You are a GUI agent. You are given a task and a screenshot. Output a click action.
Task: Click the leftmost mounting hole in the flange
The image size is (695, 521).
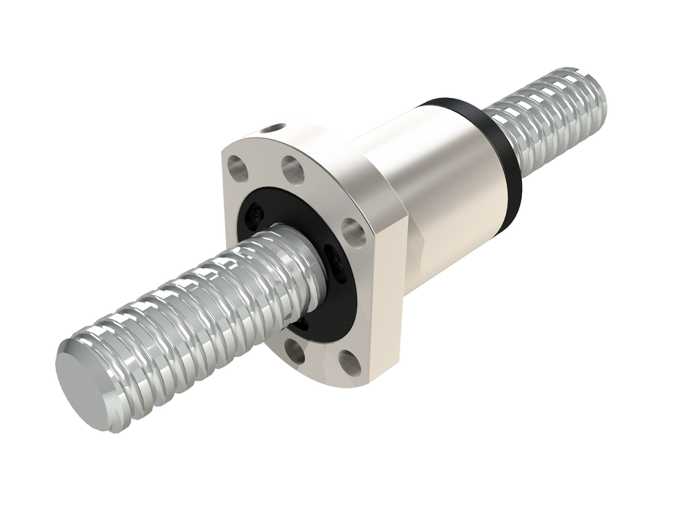pyautogui.click(x=238, y=167)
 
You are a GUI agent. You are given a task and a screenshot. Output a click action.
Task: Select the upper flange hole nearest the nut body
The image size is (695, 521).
pyautogui.click(x=293, y=169)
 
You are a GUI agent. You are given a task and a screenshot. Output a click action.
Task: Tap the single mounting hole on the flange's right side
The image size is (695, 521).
pyautogui.click(x=353, y=233)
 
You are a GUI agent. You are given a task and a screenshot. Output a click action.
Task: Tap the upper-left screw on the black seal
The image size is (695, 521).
pyautogui.click(x=256, y=213)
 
